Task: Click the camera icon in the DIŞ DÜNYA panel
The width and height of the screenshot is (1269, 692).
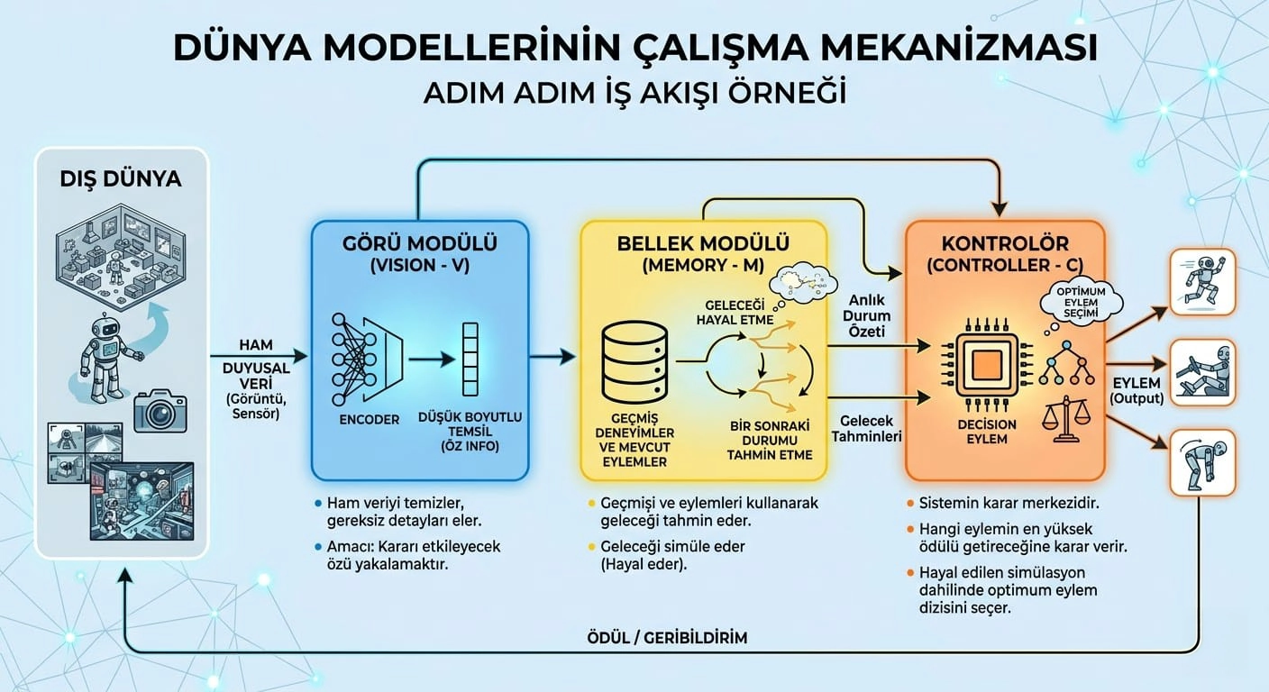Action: click(160, 411)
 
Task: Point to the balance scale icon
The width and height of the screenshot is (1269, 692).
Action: click(1064, 417)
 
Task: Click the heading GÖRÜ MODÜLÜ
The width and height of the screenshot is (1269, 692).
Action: click(420, 243)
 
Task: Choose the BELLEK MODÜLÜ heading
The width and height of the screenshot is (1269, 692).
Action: click(703, 243)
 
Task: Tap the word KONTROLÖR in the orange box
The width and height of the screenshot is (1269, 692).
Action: click(1005, 243)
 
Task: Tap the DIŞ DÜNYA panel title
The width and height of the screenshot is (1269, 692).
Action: click(122, 178)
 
